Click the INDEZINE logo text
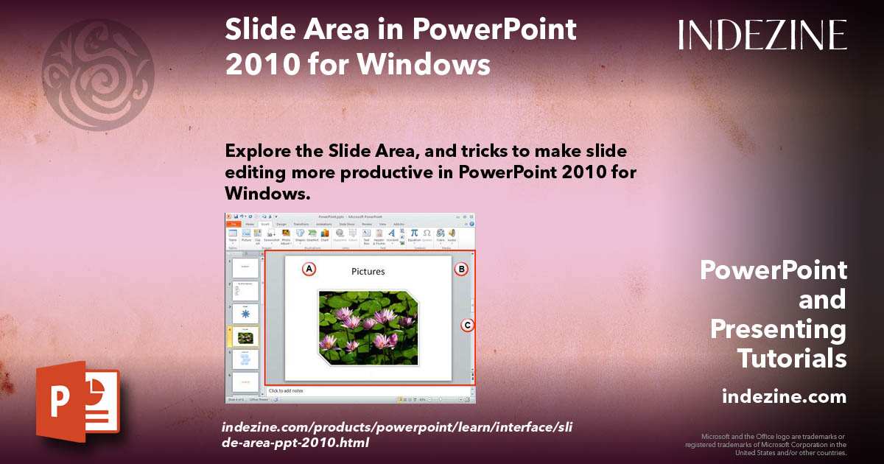762,35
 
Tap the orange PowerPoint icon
77,401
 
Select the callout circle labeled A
309,270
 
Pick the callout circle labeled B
461,270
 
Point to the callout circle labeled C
466,325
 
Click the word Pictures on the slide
368,271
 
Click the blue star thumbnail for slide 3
245,313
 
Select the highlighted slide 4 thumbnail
245,337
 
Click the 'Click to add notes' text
287,390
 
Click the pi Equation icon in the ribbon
415,233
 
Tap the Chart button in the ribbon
325,235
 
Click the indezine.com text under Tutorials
784,397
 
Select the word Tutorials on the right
792,359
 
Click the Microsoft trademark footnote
766,444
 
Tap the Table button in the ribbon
233,235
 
